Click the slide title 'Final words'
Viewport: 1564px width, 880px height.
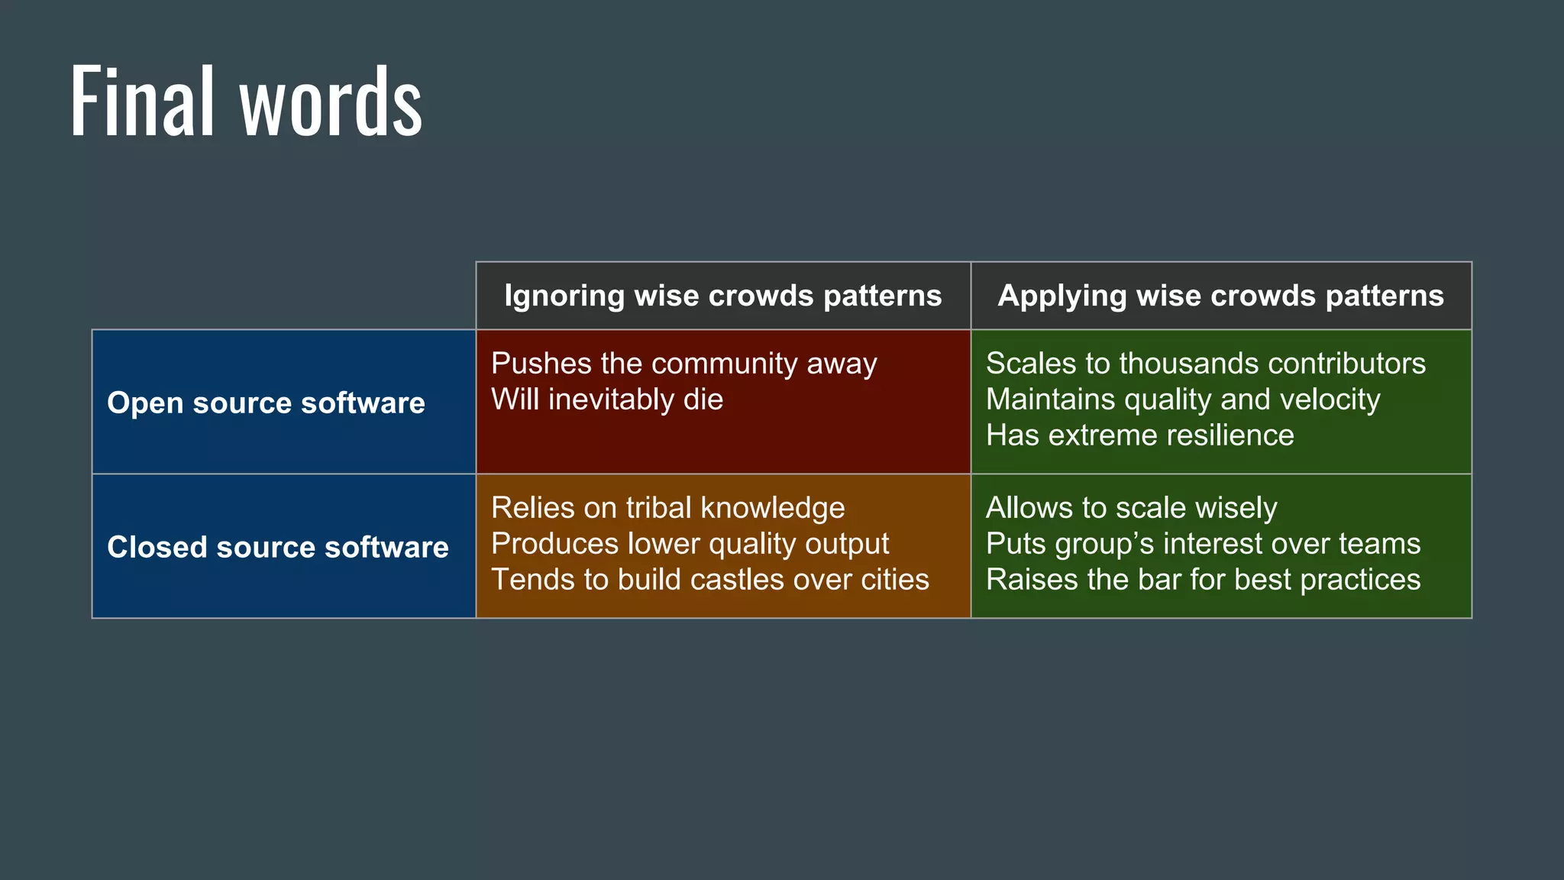(246, 102)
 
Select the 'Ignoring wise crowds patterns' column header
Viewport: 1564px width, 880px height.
(722, 296)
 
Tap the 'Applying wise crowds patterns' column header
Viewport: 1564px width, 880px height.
(1220, 296)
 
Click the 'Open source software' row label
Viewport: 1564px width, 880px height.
(266, 403)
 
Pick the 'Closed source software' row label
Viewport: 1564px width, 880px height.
(278, 547)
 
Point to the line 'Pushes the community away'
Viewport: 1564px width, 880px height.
(683, 364)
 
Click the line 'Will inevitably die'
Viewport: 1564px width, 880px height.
(607, 400)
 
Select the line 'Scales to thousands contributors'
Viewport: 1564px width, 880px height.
(1205, 364)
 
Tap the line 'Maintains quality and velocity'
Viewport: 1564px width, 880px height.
(1182, 400)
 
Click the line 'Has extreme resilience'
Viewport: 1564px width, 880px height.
(1139, 435)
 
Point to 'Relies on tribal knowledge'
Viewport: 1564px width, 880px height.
(667, 508)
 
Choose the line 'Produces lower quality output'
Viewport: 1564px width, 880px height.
(690, 544)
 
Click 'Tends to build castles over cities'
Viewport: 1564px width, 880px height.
(709, 580)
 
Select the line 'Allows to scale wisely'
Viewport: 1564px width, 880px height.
(1131, 508)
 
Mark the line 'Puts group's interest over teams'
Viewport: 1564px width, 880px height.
(1203, 544)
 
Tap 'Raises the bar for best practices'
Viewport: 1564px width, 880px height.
(1203, 580)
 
